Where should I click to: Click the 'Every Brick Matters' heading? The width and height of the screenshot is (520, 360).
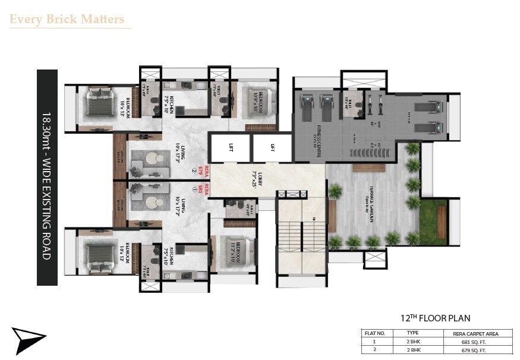[x=67, y=19]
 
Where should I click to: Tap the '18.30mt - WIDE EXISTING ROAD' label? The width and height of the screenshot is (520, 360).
[x=48, y=178]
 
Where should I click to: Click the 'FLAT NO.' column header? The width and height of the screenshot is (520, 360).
[x=375, y=334]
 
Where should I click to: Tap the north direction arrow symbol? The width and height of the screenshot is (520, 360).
[x=29, y=340]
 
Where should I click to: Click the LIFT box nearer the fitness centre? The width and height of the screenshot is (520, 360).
[x=272, y=147]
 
